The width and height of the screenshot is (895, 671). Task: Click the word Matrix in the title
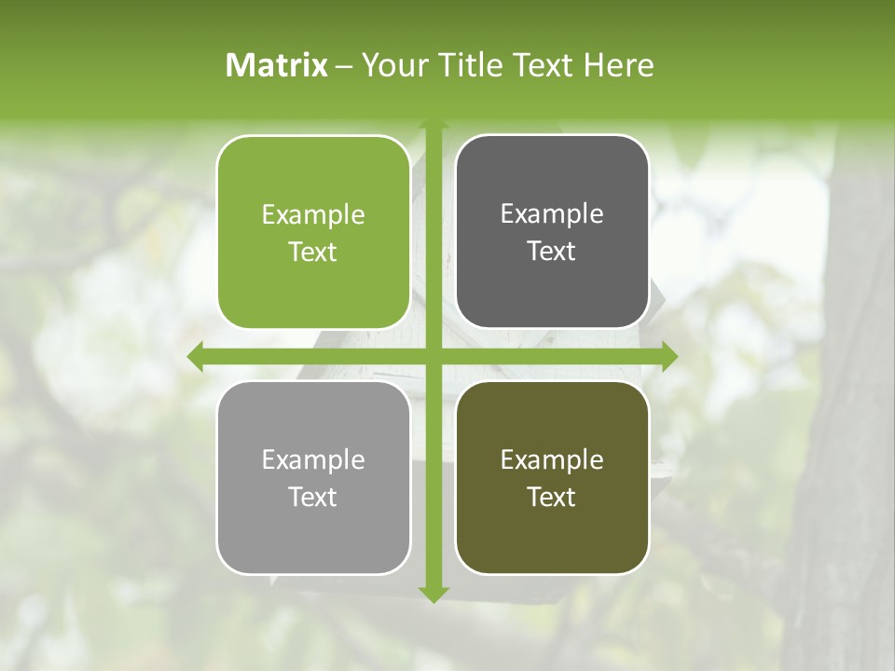pyautogui.click(x=277, y=65)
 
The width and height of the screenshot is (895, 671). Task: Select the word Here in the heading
pyautogui.click(x=618, y=65)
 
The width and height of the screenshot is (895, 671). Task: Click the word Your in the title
pyautogui.click(x=390, y=65)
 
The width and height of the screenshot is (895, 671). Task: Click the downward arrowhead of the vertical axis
pyautogui.click(x=433, y=594)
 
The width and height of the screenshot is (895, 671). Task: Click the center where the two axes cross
pyautogui.click(x=433, y=356)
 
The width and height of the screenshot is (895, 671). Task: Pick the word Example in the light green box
pyautogui.click(x=313, y=215)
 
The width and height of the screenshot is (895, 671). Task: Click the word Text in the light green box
pyautogui.click(x=313, y=252)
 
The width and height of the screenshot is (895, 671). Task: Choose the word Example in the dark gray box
pyautogui.click(x=552, y=214)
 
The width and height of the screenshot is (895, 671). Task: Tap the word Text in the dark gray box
pyautogui.click(x=552, y=251)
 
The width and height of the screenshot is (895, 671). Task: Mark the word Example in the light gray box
pyautogui.click(x=313, y=460)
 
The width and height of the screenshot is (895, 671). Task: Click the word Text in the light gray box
pyautogui.click(x=313, y=497)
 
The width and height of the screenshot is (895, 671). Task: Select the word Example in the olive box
pyautogui.click(x=552, y=460)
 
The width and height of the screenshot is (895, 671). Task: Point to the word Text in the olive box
pyautogui.click(x=552, y=497)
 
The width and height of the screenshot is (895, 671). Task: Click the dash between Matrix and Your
pyautogui.click(x=344, y=66)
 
